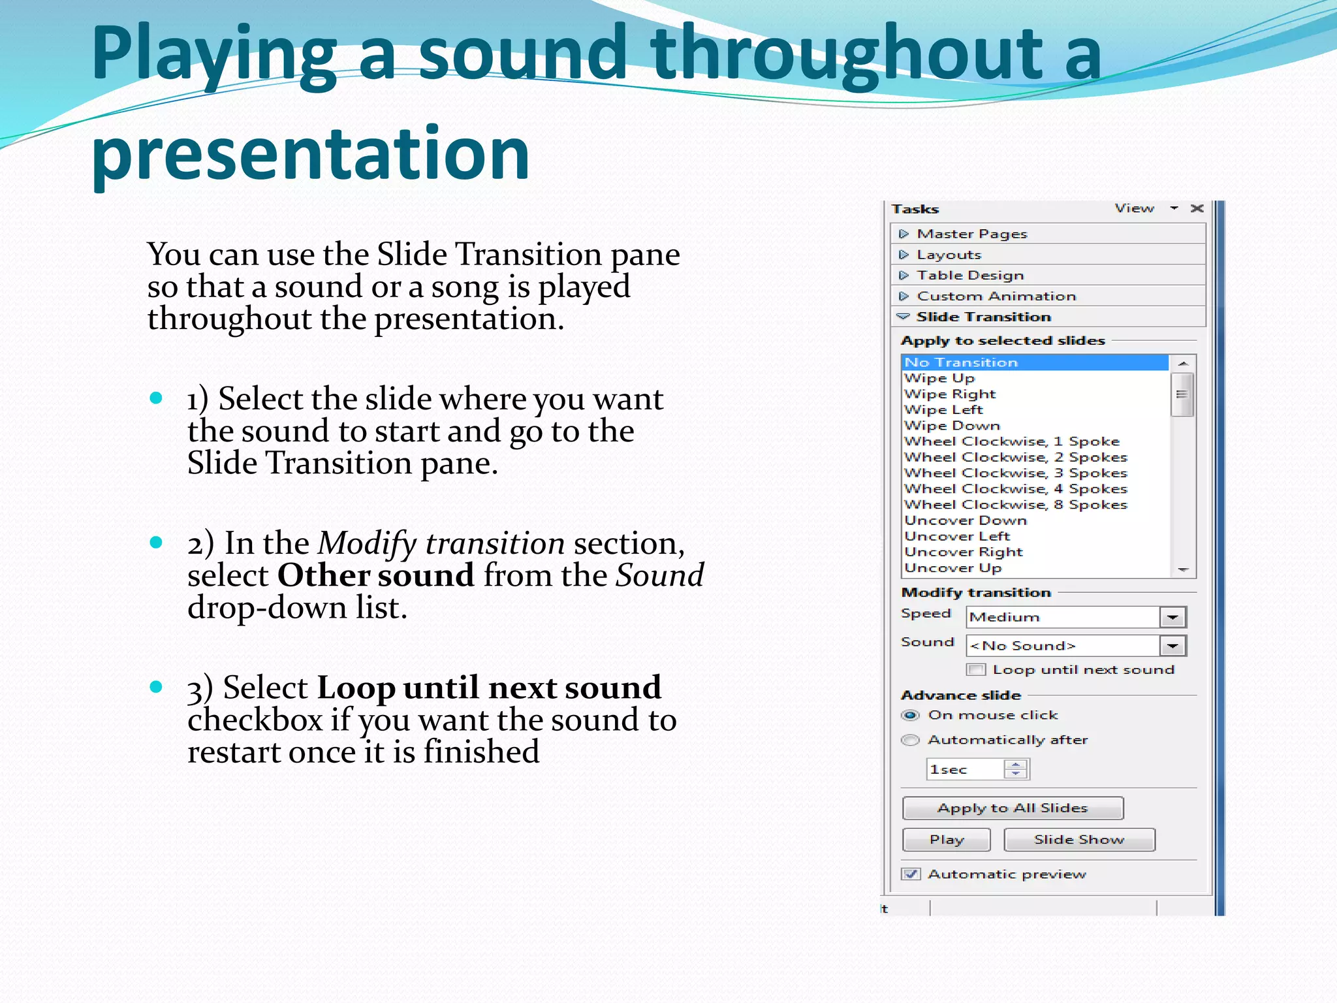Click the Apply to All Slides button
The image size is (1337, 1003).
[1013, 808]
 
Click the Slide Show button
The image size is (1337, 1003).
[1079, 840]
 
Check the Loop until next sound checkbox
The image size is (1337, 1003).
[977, 670]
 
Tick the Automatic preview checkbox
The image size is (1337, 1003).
[911, 874]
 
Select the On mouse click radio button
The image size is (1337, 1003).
[911, 716]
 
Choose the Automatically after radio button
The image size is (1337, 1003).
[911, 740]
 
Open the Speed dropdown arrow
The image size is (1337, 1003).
[1172, 617]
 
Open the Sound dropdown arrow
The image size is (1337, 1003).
[1172, 646]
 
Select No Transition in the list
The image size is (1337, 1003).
[961, 362]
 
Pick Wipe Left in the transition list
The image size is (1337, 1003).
[943, 410]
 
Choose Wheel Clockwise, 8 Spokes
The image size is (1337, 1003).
[1015, 505]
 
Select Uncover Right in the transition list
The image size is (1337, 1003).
[964, 552]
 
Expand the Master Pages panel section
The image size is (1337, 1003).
[971, 234]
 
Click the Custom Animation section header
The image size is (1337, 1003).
[996, 296]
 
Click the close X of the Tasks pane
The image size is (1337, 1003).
[1197, 208]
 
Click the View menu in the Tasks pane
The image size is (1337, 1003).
[1135, 208]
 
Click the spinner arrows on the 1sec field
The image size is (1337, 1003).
[1015, 770]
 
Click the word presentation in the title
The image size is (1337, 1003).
[310, 154]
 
